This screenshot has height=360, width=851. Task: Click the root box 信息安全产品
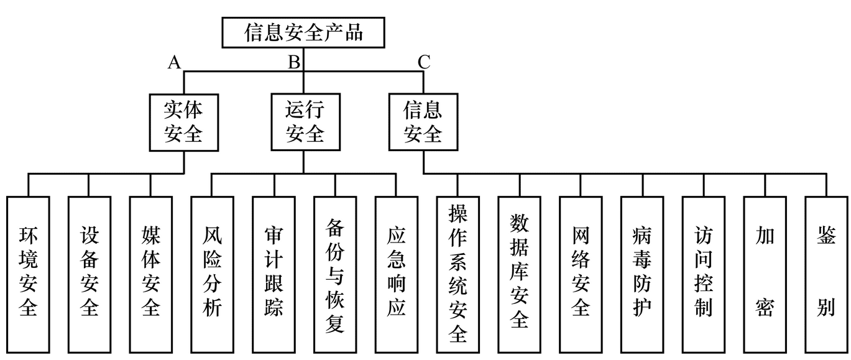303,32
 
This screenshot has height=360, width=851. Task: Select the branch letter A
175,62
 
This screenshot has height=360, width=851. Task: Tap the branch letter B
294,62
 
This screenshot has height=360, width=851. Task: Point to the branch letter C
424,62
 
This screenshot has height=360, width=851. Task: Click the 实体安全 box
183,122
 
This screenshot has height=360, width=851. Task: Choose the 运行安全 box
305,122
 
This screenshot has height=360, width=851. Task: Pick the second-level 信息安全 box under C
423,122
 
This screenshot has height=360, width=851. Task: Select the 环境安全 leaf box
28,274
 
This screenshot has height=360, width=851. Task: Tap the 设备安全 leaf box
90,274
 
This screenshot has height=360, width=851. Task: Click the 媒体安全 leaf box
151,274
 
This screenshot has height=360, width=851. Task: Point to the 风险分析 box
212,274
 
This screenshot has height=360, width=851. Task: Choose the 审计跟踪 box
274,274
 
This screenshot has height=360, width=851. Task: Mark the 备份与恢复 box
335,274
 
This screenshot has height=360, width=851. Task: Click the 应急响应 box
397,274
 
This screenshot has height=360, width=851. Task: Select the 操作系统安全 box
458,274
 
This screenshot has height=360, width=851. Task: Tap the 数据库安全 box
519,274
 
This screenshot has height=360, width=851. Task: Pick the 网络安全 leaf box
581,274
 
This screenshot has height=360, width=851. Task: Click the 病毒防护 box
642,274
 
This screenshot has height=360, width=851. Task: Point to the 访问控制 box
703,274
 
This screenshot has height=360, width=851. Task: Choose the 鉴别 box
826,274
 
